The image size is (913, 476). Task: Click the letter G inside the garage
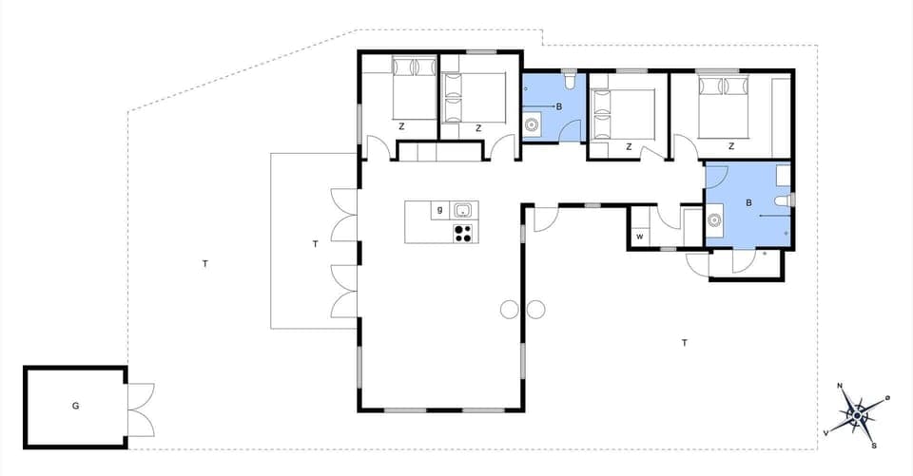click(75, 406)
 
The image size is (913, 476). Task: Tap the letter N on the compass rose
click(840, 386)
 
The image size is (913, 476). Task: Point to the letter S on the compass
click(873, 445)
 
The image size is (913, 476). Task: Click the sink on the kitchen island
click(464, 211)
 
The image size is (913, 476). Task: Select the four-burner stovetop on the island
click(463, 232)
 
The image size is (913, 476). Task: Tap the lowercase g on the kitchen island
click(439, 210)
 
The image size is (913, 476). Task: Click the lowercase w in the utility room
click(640, 236)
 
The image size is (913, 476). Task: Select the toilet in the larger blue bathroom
click(782, 200)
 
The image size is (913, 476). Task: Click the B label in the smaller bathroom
click(559, 106)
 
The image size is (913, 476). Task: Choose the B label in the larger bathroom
click(749, 202)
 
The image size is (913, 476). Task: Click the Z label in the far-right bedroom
click(731, 146)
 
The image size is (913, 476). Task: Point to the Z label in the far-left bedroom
click(402, 126)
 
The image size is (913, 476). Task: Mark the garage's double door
click(139, 409)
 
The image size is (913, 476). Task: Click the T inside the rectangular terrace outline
click(315, 244)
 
